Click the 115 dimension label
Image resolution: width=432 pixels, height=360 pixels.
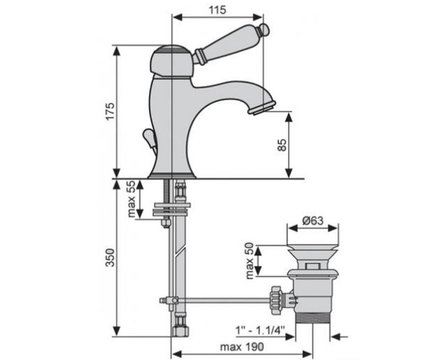[x=217, y=10]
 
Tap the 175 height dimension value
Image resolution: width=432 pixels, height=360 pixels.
[x=110, y=111]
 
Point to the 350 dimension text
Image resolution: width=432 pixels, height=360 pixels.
[x=110, y=258]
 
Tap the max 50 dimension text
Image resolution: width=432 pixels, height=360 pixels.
[x=250, y=261]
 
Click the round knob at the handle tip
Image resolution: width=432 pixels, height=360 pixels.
[x=264, y=30]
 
